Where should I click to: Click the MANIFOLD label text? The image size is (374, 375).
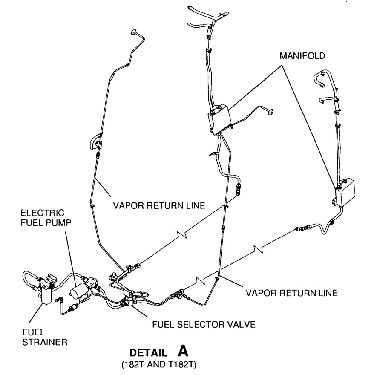(302, 56)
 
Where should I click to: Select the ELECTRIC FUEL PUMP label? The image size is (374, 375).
(46, 218)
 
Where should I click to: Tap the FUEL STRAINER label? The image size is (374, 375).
(45, 337)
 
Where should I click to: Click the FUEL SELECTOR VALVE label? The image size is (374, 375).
(204, 325)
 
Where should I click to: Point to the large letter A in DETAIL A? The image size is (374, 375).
(183, 351)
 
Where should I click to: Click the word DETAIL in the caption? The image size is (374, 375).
(148, 353)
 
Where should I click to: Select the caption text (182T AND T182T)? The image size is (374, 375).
(159, 365)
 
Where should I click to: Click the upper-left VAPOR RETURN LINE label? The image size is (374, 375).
(159, 206)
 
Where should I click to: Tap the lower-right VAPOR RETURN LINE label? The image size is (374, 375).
(291, 293)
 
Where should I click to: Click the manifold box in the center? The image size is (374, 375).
(219, 119)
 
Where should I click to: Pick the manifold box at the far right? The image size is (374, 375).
(345, 192)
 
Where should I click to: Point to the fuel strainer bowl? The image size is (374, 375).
(46, 295)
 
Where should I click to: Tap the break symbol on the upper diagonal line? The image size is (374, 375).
(182, 235)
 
